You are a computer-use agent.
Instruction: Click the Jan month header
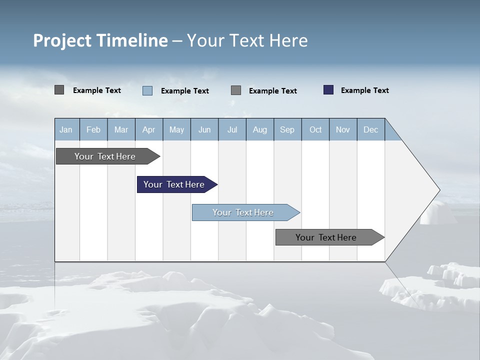tap(66, 129)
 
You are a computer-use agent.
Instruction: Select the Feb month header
tap(93, 129)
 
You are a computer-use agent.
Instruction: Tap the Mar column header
tap(121, 129)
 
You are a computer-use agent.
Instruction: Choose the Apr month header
tap(149, 129)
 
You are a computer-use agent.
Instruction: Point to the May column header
tap(176, 129)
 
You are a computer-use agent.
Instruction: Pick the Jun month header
tap(204, 129)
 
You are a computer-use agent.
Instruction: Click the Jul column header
tap(232, 129)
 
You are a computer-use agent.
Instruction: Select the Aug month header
tap(260, 129)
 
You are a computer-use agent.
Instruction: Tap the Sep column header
tap(287, 129)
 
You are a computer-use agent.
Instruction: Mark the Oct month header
tap(315, 129)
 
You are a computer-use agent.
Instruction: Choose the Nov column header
tap(343, 129)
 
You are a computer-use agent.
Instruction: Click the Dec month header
tap(371, 129)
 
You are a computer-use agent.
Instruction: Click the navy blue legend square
tap(328, 90)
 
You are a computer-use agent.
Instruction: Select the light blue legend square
tap(147, 90)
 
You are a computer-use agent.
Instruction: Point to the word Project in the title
tap(62, 40)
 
